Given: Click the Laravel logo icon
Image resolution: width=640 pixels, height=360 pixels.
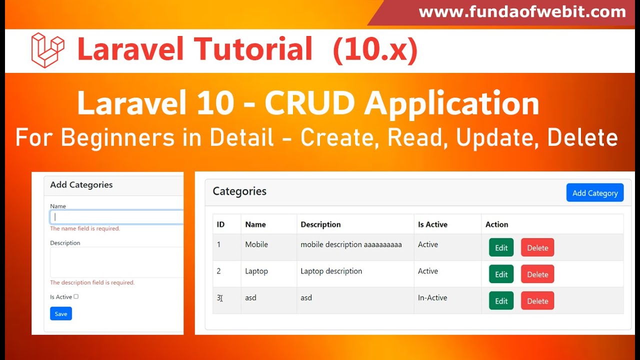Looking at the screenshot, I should [x=47, y=50].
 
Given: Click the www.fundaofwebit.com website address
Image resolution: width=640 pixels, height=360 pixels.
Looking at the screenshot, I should [x=522, y=12].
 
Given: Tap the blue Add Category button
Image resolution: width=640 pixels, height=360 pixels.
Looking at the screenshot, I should [x=594, y=193].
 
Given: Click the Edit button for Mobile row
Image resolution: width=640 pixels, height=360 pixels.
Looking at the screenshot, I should [x=501, y=247].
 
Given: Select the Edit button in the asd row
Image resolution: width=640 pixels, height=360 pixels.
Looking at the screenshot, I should [x=501, y=301].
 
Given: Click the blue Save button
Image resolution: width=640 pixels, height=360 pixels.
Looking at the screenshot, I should [x=61, y=313].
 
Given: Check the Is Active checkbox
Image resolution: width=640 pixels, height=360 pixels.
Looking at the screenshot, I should [x=76, y=296].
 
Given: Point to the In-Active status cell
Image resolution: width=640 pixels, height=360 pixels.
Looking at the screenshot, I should [x=432, y=298].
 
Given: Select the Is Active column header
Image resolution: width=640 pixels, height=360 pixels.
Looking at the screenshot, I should [x=432, y=224].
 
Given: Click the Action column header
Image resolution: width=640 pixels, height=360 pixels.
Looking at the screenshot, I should [x=496, y=224].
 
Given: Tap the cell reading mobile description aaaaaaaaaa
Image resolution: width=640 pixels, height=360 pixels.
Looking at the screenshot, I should [x=351, y=244].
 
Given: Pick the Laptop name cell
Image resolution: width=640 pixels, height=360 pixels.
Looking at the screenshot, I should [x=256, y=271].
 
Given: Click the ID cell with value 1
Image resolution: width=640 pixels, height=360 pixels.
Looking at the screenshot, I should [x=218, y=244].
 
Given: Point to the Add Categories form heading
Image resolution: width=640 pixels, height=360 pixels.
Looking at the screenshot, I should [x=81, y=185].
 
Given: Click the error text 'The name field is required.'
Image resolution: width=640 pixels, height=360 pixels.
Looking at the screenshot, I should [x=85, y=228].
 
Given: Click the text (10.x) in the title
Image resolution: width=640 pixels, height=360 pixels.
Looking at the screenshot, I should [x=375, y=50].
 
